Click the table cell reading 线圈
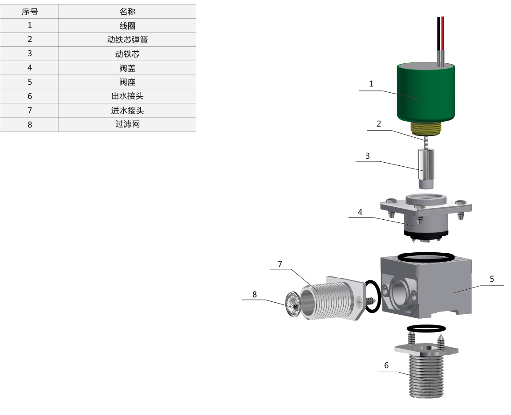(x=127, y=25)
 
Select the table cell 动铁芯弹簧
(x=127, y=40)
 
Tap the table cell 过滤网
(x=127, y=124)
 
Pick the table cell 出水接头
(x=127, y=96)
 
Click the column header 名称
(x=127, y=12)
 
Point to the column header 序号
(x=29, y=12)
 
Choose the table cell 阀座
(x=127, y=82)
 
